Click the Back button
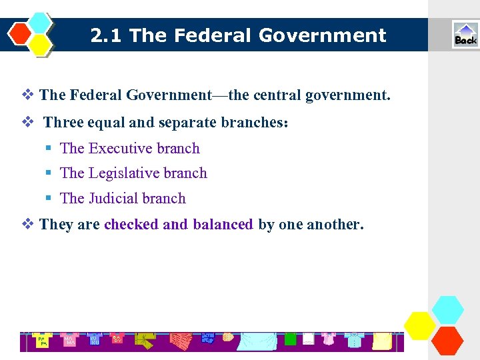[x=465, y=35]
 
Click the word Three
[x=63, y=123]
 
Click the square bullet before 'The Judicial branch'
[x=49, y=199]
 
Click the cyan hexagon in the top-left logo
[x=40, y=23]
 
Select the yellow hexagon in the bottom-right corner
[x=420, y=326]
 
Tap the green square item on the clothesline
[x=290, y=339]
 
